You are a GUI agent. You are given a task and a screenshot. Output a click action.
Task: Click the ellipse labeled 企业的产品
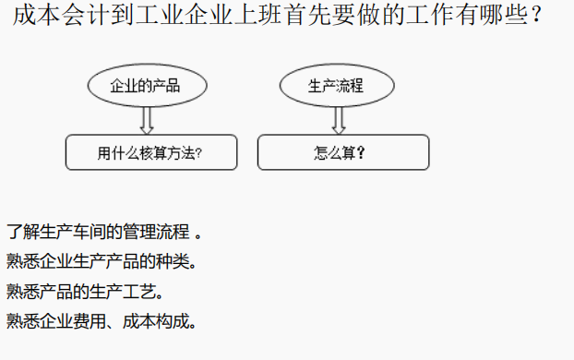(145, 86)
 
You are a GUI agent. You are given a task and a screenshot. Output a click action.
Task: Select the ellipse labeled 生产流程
(337, 86)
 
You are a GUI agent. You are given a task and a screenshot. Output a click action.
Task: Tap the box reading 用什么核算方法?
(150, 153)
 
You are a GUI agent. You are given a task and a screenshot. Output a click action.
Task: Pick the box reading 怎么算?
(342, 153)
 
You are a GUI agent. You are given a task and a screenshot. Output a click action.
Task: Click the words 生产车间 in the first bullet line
(89, 231)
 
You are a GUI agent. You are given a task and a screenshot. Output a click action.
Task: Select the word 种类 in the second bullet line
(173, 261)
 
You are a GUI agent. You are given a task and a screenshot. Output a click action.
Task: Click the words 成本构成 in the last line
(164, 322)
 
